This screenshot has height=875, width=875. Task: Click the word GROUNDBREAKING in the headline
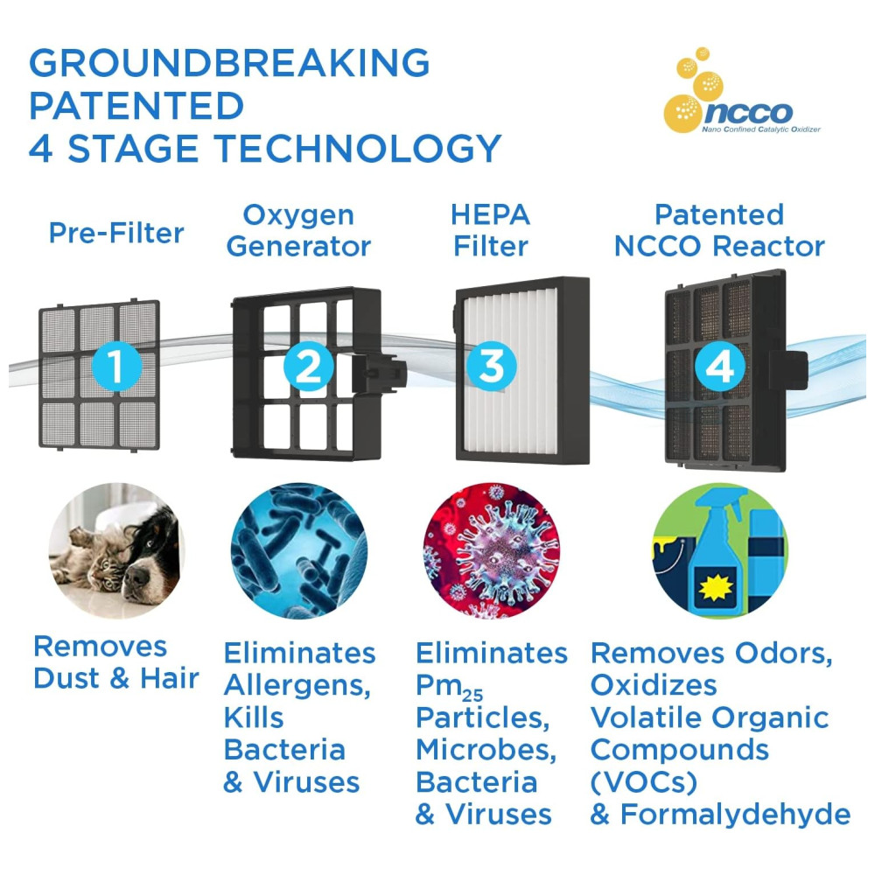point(229,62)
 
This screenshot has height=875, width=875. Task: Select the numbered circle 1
point(116,366)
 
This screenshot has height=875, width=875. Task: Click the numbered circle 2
point(309,366)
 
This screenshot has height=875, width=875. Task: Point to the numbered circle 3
point(492,366)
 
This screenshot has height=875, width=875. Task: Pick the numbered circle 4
point(720,366)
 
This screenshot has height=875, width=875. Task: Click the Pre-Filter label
point(116,233)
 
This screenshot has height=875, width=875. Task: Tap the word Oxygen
point(298,216)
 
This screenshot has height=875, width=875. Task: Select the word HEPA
point(491,214)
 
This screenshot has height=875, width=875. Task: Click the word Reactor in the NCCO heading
point(769,246)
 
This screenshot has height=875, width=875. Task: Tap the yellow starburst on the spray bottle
point(716,588)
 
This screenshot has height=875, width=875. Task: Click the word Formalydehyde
point(736,815)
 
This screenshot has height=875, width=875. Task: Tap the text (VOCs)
point(644,782)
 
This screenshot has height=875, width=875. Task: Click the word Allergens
point(297,686)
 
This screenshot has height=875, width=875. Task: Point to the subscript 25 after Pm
point(472,696)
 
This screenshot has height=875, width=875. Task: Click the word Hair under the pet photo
point(170,679)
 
